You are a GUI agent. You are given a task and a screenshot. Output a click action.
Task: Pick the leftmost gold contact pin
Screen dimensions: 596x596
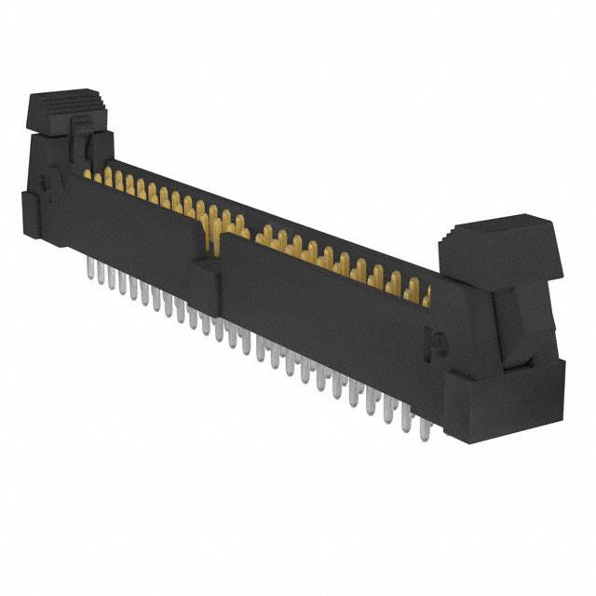point(88,173)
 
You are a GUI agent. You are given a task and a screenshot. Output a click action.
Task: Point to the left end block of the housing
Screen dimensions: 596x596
point(42,214)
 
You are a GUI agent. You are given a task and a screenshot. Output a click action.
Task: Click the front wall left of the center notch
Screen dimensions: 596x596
point(140,219)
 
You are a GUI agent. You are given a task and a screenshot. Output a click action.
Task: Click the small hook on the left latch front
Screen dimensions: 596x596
point(84,140)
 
